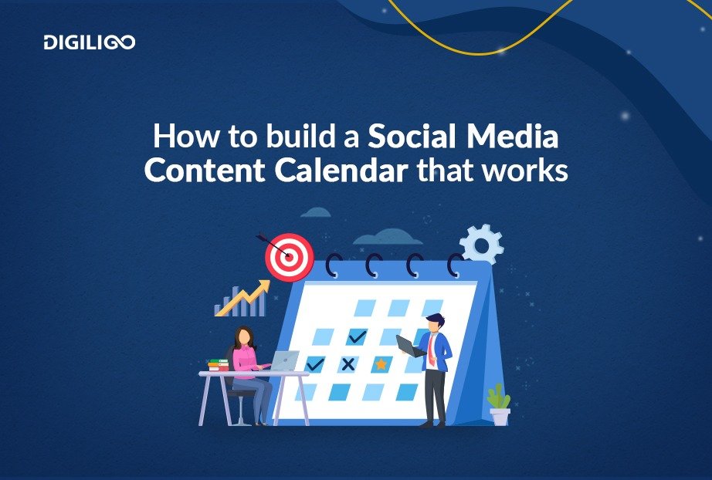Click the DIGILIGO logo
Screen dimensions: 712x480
click(x=90, y=42)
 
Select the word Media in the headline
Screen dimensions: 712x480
click(x=512, y=136)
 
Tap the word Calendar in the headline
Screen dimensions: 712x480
click(x=341, y=171)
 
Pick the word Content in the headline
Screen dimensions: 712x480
click(x=205, y=171)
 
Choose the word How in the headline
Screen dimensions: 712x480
click(x=185, y=136)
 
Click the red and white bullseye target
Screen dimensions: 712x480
click(x=290, y=257)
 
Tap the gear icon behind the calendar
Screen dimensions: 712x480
click(x=482, y=245)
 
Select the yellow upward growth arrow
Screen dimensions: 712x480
click(x=243, y=298)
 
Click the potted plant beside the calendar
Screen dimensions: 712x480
click(x=499, y=405)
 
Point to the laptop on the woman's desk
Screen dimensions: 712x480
click(x=285, y=360)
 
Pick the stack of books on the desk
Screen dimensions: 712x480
click(x=219, y=365)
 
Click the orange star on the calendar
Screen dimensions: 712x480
click(x=381, y=363)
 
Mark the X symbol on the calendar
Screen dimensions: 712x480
click(x=348, y=363)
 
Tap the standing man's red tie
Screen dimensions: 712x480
click(x=431, y=350)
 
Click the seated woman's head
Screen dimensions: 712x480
click(x=245, y=336)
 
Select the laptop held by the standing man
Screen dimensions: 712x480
click(x=411, y=346)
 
